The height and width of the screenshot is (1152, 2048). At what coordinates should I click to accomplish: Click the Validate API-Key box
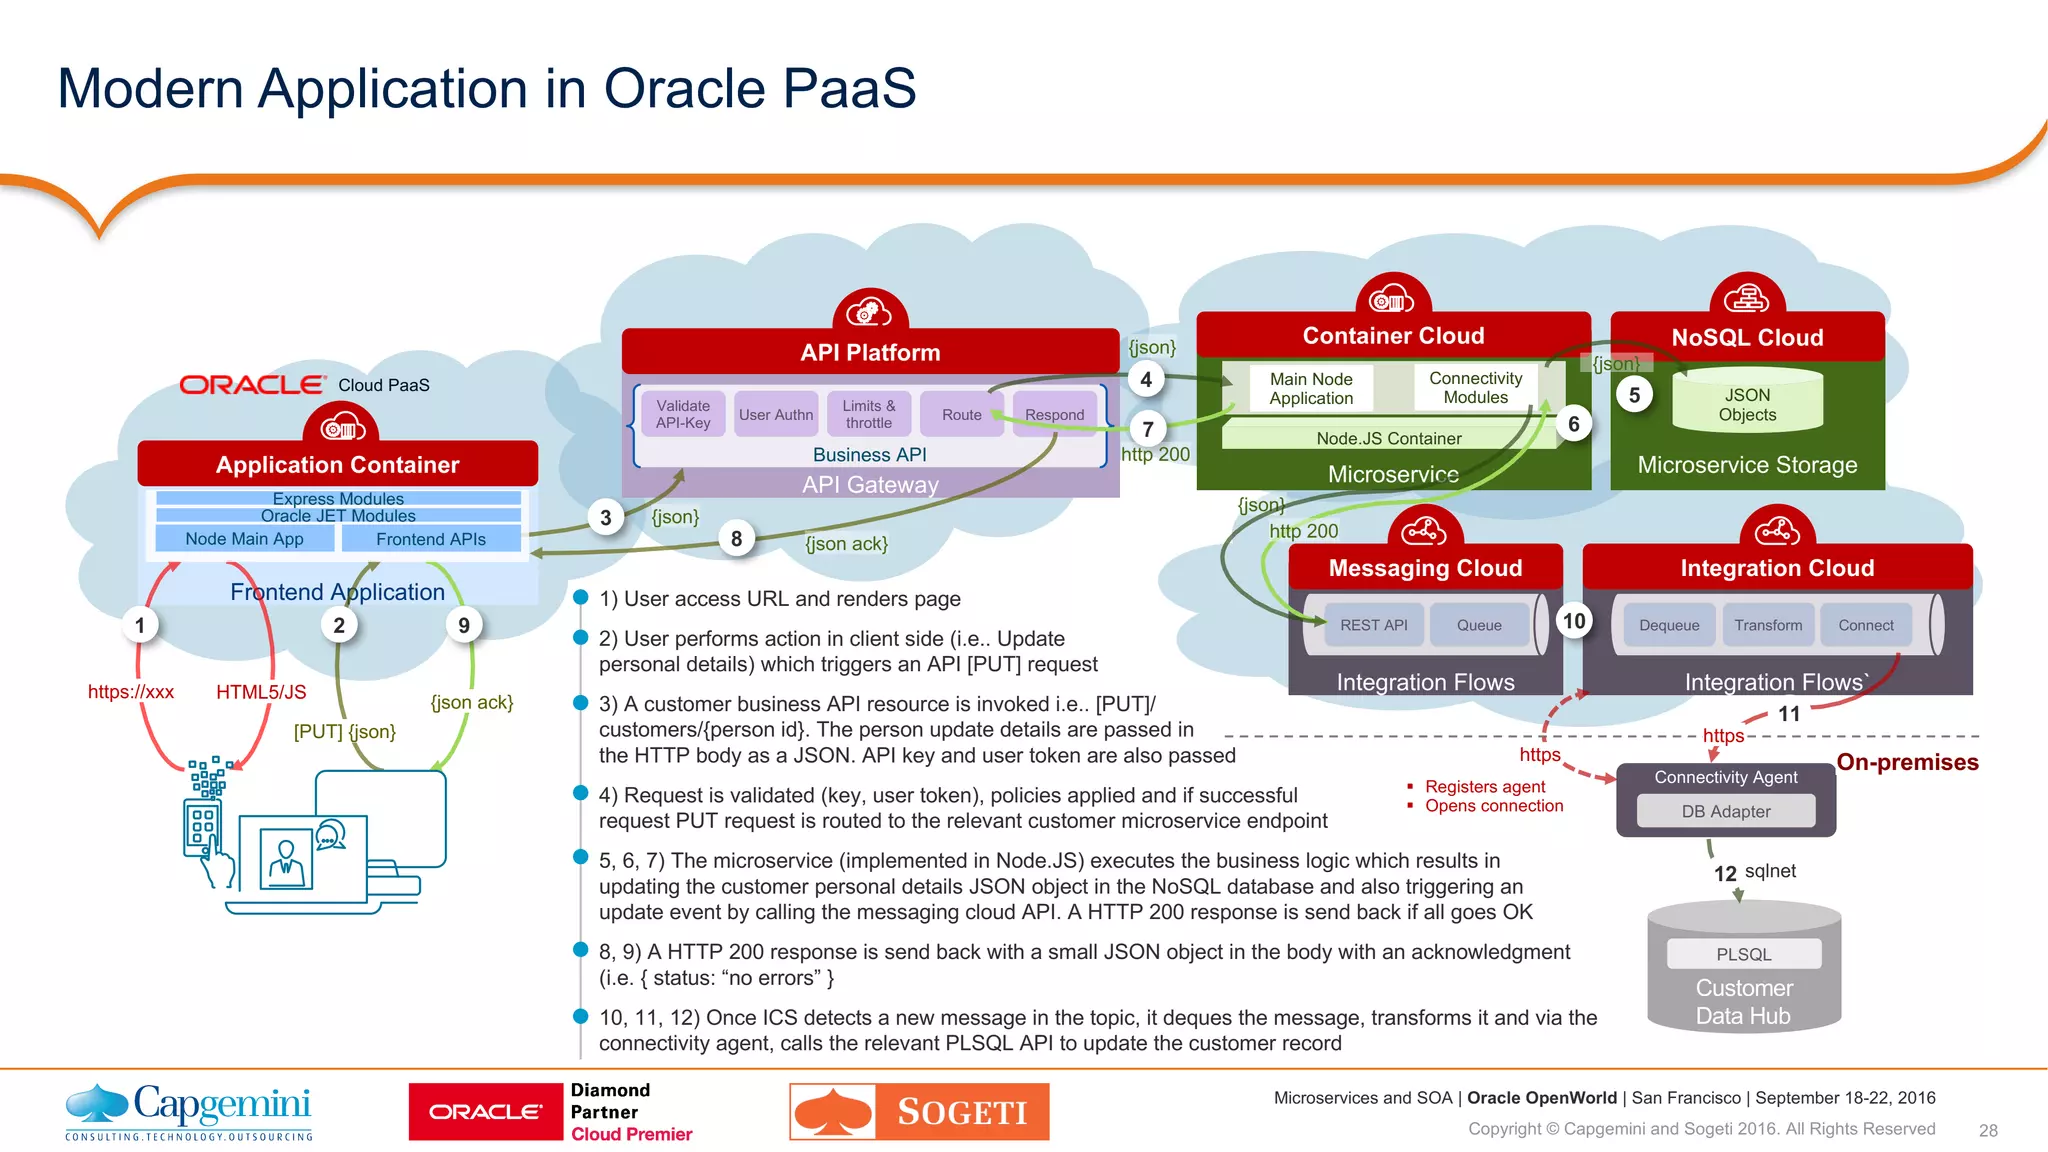(683, 414)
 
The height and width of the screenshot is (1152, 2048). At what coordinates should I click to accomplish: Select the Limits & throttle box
(868, 414)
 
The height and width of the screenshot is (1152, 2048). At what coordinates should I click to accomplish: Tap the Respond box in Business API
(1054, 414)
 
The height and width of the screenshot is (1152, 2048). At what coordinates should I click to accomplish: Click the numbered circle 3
(605, 518)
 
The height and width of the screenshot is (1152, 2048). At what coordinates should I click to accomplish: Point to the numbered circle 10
(1574, 621)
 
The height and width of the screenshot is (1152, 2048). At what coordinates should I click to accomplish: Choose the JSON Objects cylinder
(1747, 404)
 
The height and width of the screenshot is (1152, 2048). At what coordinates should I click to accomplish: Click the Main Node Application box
(1311, 388)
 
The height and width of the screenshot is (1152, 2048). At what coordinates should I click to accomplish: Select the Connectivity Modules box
(1475, 387)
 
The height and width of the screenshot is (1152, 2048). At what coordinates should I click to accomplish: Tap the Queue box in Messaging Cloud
(1479, 625)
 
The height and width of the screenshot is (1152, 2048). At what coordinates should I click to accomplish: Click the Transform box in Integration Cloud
(1768, 625)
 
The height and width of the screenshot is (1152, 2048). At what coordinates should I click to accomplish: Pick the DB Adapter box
(1726, 811)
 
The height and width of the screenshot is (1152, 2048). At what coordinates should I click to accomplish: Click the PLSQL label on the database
(1744, 954)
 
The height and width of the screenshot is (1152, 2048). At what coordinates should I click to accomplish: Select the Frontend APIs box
(431, 539)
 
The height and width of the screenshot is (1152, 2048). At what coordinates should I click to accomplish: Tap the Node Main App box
(244, 539)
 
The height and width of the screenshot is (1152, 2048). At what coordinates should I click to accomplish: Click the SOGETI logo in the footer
(919, 1112)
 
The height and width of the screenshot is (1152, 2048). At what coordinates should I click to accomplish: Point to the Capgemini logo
(189, 1111)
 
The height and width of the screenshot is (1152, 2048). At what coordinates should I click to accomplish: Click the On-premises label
(1907, 762)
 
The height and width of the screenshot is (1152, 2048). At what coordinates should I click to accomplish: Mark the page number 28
(1988, 1130)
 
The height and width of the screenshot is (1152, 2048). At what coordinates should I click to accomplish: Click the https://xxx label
(131, 692)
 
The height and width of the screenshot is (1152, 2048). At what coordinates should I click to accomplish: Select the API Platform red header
(870, 352)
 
